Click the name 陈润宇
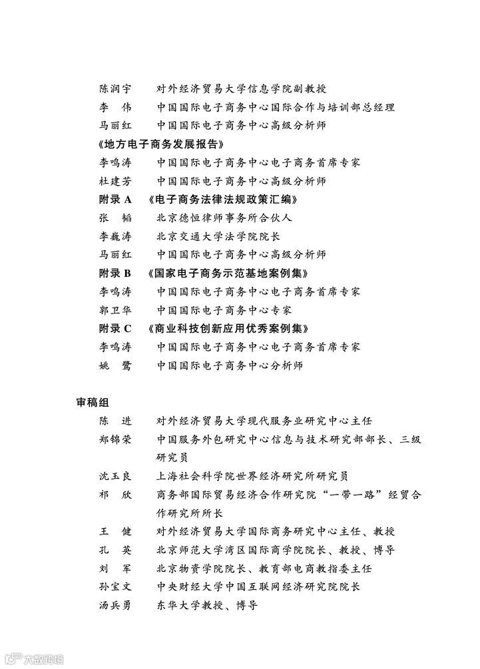(x=115, y=89)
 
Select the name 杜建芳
(x=115, y=180)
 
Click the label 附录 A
(x=115, y=199)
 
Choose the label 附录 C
(x=115, y=328)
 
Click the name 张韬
(x=115, y=218)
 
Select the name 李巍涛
(x=115, y=236)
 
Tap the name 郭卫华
(x=115, y=310)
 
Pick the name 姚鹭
(x=115, y=365)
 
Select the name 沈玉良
(x=115, y=476)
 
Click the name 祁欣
(x=115, y=495)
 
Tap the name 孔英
(x=115, y=550)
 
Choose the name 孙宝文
(x=115, y=587)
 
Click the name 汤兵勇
(x=115, y=605)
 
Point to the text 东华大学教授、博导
(x=207, y=605)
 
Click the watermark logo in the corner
(x=34, y=659)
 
